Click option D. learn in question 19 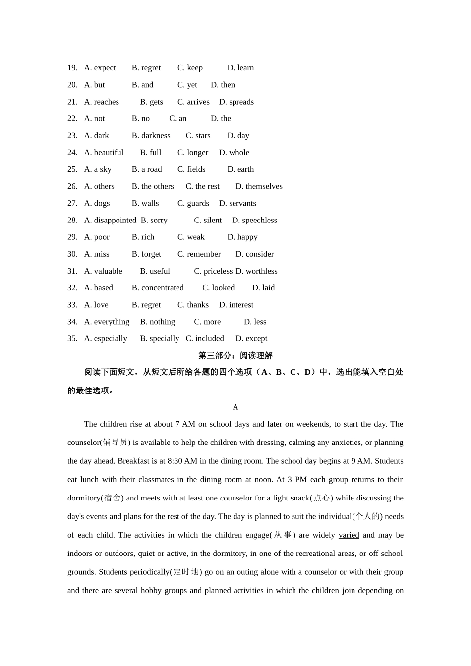(x=240, y=68)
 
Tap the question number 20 (x=72, y=85)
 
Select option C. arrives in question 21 (x=193, y=102)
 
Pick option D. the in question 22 (x=221, y=118)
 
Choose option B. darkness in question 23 (x=151, y=135)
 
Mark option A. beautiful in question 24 (x=104, y=152)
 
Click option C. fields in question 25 (x=191, y=169)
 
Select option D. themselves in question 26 (x=259, y=186)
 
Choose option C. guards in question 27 (x=193, y=203)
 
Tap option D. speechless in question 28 (x=254, y=220)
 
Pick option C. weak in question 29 (x=191, y=237)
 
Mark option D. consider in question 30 (x=254, y=254)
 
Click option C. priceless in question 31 (x=213, y=271)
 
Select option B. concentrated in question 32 (x=158, y=288)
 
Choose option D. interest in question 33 (x=236, y=305)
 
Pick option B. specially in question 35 (x=160, y=338)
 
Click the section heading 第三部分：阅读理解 (x=235, y=355)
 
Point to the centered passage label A (x=235, y=407)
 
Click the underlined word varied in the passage (x=349, y=535)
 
